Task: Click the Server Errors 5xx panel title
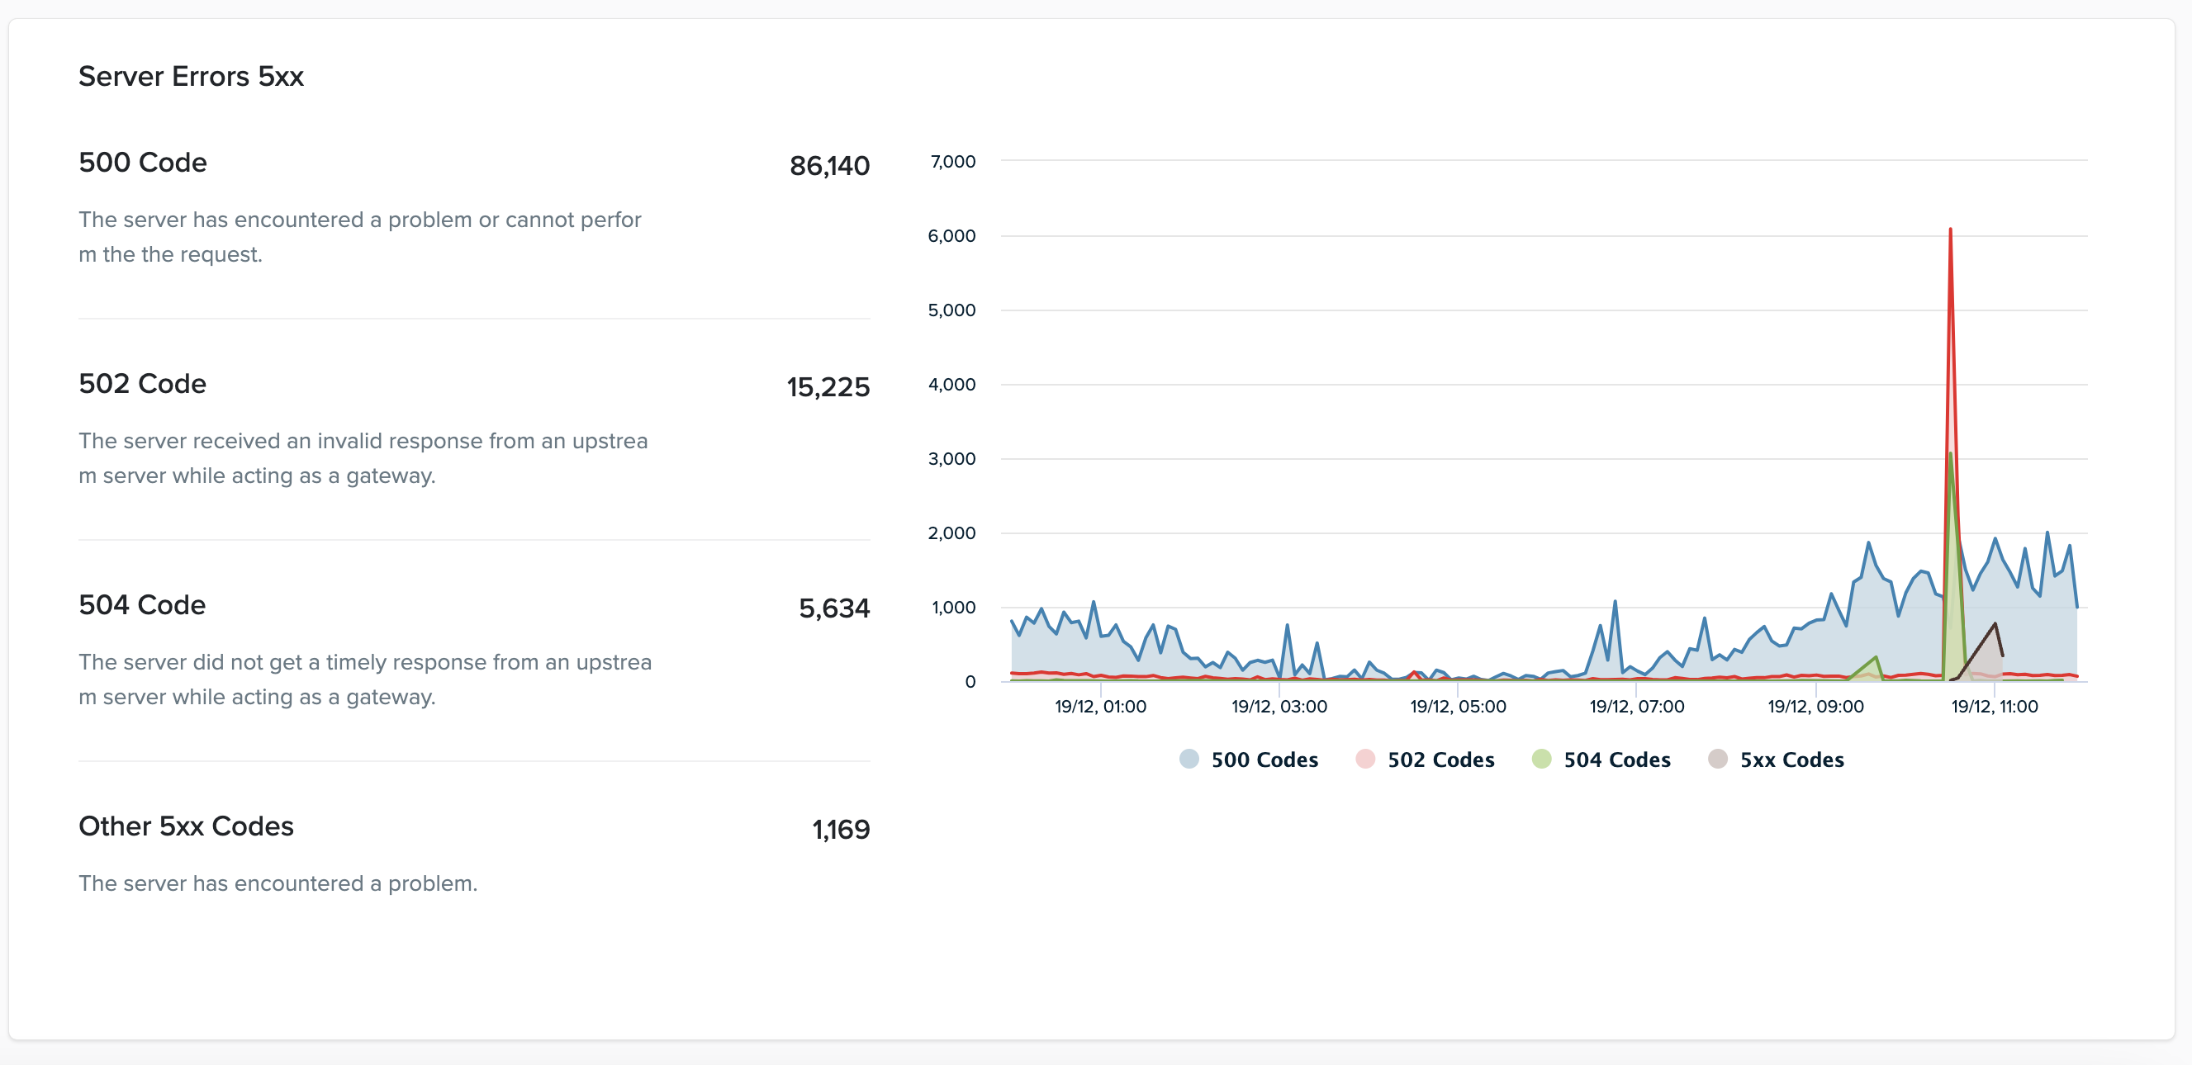coord(191,77)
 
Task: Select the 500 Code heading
coord(142,163)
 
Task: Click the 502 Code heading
coord(142,384)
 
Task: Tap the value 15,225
coord(827,387)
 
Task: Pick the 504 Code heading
coord(142,605)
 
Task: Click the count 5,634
coord(833,608)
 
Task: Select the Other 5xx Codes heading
coord(186,826)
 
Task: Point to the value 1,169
coord(840,830)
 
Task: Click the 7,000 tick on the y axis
coord(952,162)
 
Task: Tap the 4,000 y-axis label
coord(951,385)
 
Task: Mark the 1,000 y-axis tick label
coord(953,608)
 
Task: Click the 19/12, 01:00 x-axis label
coord(1100,706)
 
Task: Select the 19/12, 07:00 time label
coord(1636,706)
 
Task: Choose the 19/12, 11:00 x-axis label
coord(1994,706)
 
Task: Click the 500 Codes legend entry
coord(1248,760)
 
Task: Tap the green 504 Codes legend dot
coord(1541,759)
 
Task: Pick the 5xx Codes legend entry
coord(1776,760)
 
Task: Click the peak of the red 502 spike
coord(1949,229)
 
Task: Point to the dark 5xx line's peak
coord(1994,623)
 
